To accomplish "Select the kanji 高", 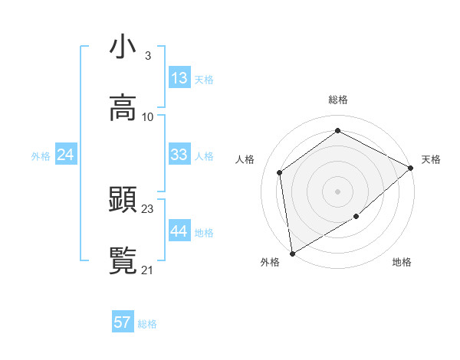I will (x=123, y=108).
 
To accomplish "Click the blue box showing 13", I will (x=179, y=78).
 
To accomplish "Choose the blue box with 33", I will (x=179, y=155).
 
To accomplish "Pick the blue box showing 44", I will (x=179, y=231).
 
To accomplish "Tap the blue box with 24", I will (x=66, y=155).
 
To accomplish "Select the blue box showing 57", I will (x=123, y=322).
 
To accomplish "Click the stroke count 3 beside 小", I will (x=147, y=55).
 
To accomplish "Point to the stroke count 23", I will (x=148, y=208).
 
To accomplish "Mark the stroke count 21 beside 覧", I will (x=148, y=270).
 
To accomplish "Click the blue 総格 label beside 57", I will (x=147, y=324).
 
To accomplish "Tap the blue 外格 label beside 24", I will (x=41, y=155).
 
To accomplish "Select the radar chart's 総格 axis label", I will (x=338, y=100).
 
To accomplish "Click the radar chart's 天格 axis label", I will (x=431, y=159).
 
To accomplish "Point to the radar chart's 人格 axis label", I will (x=245, y=159).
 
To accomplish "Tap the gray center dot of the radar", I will (x=338, y=191).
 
